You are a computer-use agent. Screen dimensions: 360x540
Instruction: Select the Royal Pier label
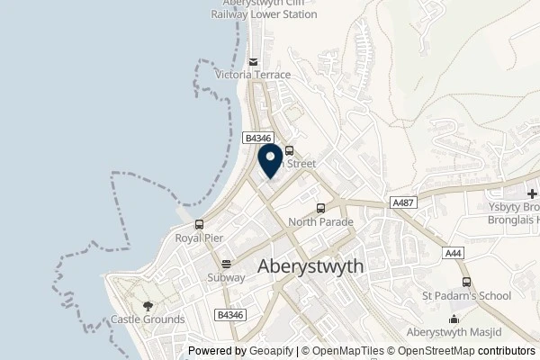(x=199, y=238)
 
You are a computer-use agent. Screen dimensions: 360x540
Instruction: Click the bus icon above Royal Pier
(x=199, y=225)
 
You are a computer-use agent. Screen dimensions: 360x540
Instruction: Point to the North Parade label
(x=320, y=221)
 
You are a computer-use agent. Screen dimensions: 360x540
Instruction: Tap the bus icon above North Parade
(x=320, y=208)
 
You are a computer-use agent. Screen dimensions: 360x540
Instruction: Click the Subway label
(x=227, y=278)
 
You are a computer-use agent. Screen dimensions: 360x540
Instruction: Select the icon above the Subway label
(x=227, y=265)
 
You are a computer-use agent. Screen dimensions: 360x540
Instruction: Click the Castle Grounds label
(x=148, y=319)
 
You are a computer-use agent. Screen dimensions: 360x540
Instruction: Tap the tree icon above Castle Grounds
(x=148, y=306)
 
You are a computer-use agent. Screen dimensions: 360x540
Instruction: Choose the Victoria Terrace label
(x=253, y=76)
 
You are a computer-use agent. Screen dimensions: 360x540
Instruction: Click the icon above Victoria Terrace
(x=253, y=62)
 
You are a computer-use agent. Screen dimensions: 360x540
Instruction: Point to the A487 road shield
(x=402, y=203)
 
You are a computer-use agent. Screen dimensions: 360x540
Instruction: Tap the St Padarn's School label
(x=466, y=295)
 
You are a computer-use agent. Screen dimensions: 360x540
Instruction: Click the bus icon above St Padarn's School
(x=466, y=282)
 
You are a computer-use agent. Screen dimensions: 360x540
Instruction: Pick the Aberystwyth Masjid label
(x=454, y=331)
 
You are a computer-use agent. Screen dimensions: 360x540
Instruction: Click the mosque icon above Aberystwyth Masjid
(x=454, y=318)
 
